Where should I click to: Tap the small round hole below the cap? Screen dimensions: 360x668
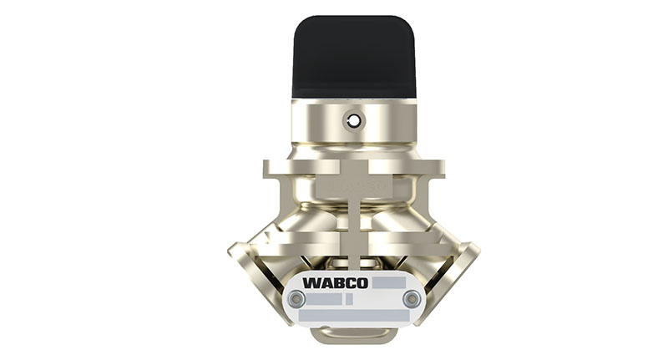click(354, 121)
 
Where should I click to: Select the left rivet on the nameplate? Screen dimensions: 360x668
click(295, 299)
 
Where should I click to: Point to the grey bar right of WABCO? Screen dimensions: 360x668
click(388, 282)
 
